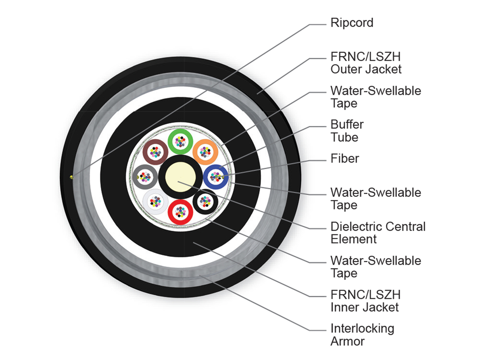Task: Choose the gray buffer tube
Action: click(135, 177)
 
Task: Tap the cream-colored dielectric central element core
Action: click(180, 177)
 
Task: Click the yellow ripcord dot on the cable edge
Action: click(71, 177)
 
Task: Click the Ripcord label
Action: click(352, 23)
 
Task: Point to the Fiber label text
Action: click(344, 159)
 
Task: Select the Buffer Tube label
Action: click(347, 131)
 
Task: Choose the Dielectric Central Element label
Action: click(378, 233)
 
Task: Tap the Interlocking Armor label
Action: click(362, 335)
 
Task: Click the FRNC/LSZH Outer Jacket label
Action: click(366, 63)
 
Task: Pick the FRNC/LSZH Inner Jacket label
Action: click(365, 301)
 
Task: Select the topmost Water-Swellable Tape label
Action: click(376, 97)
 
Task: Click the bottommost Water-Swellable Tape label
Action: click(376, 267)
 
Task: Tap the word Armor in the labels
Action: click(347, 341)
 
